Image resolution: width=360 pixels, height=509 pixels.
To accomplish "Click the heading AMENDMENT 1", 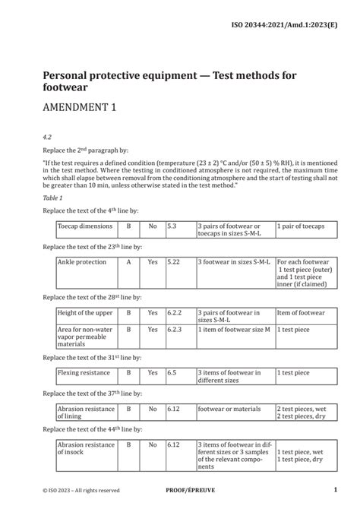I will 81,107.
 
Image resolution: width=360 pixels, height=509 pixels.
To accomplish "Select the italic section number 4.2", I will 47,138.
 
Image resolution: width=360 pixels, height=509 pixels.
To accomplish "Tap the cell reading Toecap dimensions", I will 84,226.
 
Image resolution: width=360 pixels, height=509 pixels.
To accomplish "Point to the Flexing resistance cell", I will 83,373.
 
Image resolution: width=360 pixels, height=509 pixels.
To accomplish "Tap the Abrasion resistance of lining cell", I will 81,413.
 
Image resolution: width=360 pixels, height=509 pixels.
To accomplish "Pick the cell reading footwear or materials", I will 227,409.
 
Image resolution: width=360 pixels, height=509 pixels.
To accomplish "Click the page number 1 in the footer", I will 335,491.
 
